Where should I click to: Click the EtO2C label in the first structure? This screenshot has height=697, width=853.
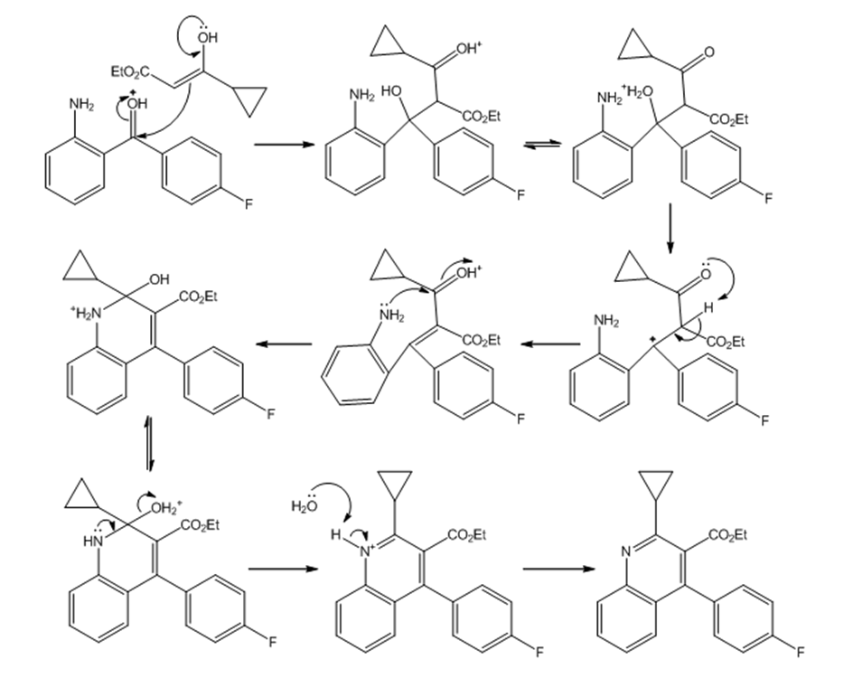(130, 71)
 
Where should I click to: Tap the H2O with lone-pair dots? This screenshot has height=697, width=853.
(305, 504)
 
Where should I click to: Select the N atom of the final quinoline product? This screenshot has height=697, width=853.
(626, 551)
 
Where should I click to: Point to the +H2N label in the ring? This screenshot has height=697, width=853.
(86, 312)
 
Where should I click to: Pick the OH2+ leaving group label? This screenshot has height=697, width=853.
(166, 508)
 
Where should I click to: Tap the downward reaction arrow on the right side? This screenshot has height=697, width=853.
(670, 229)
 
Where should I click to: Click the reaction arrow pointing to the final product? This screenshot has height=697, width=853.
(558, 570)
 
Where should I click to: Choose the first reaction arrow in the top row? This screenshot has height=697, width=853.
(285, 144)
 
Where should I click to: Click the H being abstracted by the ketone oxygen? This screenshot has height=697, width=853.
(708, 308)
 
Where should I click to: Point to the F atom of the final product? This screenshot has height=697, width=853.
(801, 651)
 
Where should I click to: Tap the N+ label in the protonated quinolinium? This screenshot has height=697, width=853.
(368, 551)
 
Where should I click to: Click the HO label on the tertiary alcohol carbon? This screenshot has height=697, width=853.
(391, 91)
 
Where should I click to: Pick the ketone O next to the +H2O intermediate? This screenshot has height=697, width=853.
(708, 52)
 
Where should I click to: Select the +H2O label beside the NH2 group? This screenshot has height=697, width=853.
(639, 91)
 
